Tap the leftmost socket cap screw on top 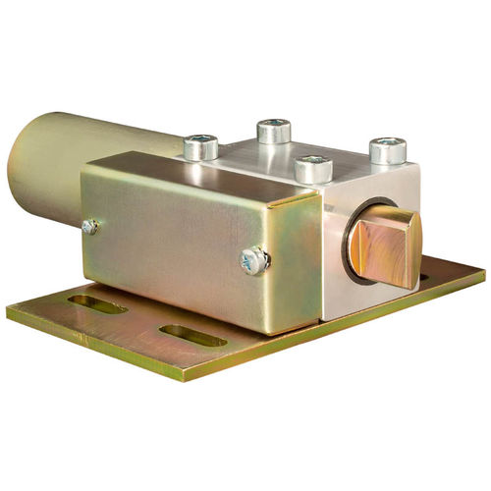tap(201, 146)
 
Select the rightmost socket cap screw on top tap(388, 150)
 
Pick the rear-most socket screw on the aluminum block tap(274, 130)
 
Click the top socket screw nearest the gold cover tap(313, 169)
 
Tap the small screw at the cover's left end tap(89, 227)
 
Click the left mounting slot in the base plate tap(97, 304)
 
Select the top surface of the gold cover tap(196, 175)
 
